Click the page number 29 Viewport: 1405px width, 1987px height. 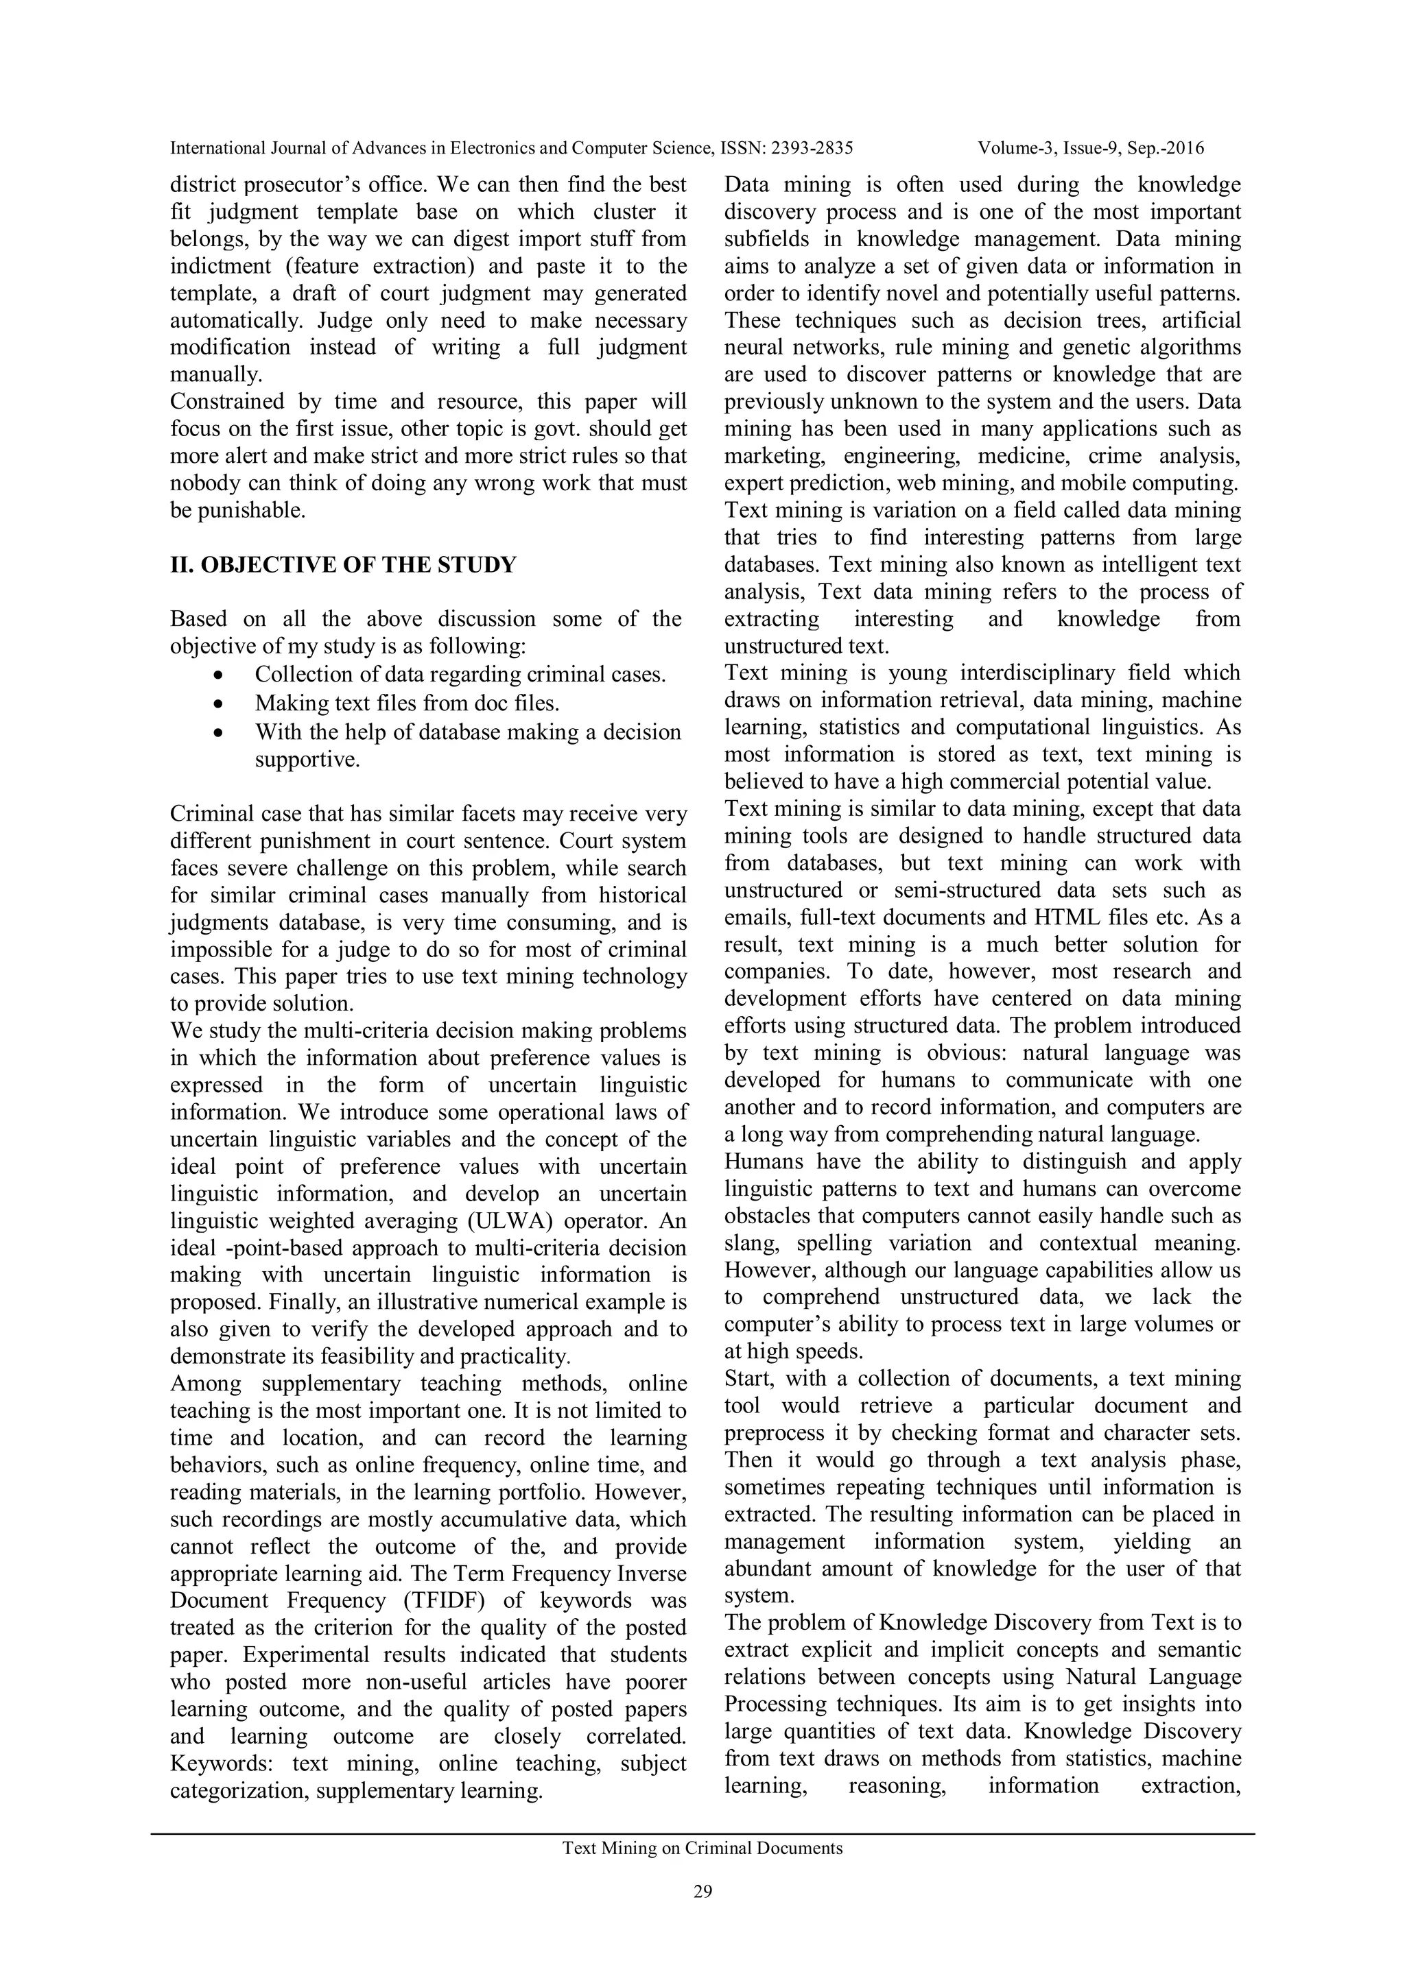tap(702, 1892)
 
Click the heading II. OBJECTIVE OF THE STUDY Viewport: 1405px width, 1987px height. tap(343, 565)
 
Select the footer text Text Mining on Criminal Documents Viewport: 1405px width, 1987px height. tap(702, 1848)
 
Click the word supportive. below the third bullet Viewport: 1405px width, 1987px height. tap(307, 760)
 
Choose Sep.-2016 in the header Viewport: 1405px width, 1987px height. tap(1164, 148)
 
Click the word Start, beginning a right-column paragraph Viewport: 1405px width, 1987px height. tap(751, 1379)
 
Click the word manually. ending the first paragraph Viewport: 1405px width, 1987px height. tap(215, 375)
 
